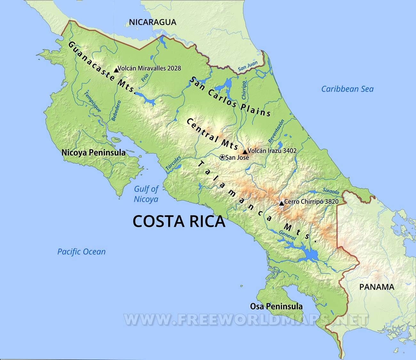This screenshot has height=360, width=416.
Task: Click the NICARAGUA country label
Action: coord(152,22)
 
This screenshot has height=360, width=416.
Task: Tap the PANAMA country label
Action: coord(377,287)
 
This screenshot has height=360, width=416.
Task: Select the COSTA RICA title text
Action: coord(179,221)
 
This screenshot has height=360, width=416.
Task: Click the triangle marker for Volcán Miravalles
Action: coord(116,69)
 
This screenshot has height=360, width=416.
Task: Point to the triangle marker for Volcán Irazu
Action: coord(245,152)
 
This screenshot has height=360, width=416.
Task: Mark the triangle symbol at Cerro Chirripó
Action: coord(281,203)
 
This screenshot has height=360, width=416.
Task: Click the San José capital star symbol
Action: coord(222,157)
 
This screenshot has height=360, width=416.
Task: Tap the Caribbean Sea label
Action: coord(347,89)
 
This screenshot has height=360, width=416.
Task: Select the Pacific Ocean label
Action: coord(81,252)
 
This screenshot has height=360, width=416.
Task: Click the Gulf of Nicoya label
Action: coord(146,194)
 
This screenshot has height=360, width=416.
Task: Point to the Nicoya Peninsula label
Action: coord(93,153)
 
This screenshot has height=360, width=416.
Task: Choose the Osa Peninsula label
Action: coord(276,306)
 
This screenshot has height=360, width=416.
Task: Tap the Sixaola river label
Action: coord(331,191)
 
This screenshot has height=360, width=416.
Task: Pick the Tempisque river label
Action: coord(92,102)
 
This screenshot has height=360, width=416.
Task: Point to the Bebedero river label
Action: coord(116,111)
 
